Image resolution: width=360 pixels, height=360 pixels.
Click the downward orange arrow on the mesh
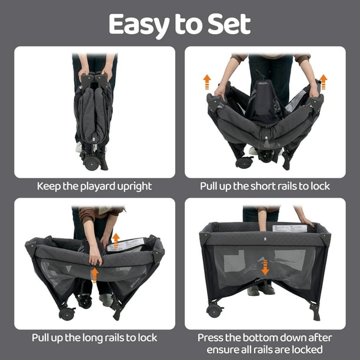coord(265,268)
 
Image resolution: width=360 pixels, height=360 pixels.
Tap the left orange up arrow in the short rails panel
coord(207,82)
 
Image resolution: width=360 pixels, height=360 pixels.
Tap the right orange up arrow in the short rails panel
coord(324,82)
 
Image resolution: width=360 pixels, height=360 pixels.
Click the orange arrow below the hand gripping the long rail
coord(95,275)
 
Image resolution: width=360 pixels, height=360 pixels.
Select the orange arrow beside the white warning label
coord(116,241)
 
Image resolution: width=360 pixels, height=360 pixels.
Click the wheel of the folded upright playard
coord(91,162)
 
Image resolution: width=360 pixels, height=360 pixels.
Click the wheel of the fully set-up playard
coord(214,310)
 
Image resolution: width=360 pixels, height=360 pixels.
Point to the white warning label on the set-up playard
coord(289,228)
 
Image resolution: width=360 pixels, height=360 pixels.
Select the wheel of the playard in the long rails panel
coord(66,314)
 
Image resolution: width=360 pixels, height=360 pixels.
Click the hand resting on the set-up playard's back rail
coord(306,222)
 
